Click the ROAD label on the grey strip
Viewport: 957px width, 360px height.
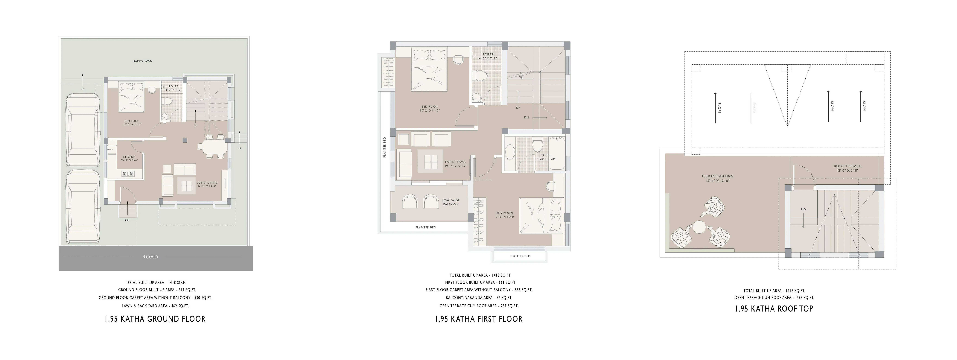point(150,257)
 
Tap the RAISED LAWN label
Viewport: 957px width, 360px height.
point(143,61)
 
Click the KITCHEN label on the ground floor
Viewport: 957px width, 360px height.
point(129,157)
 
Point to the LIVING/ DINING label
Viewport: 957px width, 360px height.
point(207,183)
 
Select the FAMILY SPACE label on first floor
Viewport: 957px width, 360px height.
point(455,162)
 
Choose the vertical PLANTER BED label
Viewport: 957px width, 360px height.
point(384,148)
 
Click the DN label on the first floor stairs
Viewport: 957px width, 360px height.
point(526,117)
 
